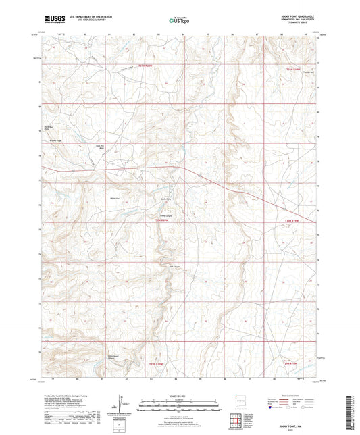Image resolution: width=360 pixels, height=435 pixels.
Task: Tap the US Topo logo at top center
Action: coord(180,20)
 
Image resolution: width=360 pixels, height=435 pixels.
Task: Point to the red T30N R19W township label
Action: coord(291,220)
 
